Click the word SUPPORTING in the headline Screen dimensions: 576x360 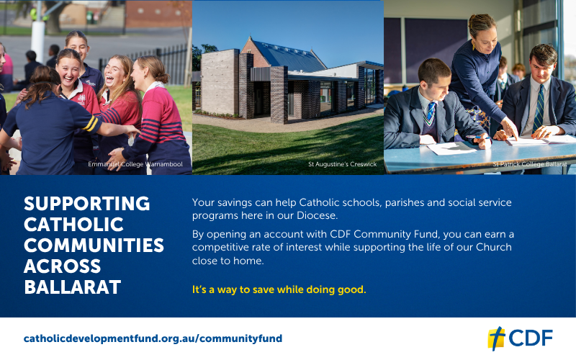coord(86,204)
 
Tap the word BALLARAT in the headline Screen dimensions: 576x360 coord(73,287)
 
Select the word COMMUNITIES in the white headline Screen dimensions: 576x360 coord(94,246)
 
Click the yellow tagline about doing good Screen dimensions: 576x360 coord(279,290)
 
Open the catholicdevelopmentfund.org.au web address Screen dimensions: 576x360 coord(153,338)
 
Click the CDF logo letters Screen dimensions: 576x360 coord(531,338)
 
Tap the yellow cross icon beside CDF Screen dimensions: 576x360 coord(496,338)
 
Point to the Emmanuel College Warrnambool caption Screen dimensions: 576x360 coord(135,164)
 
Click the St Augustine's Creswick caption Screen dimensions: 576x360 coord(343,164)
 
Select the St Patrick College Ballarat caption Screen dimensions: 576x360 coord(530,164)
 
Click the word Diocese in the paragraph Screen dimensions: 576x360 coord(317,215)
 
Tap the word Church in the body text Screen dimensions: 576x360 coord(494,247)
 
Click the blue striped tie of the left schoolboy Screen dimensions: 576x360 coord(430,113)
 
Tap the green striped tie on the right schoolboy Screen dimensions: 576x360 coord(539,109)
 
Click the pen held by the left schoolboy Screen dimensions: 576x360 coord(478,137)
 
